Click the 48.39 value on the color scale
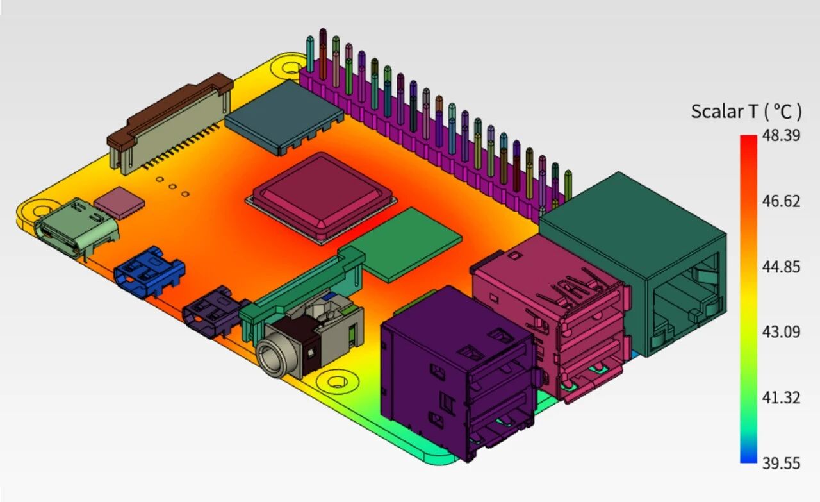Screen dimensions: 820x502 point(781,136)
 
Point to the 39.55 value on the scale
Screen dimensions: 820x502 point(781,464)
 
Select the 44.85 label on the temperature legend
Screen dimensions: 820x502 point(781,267)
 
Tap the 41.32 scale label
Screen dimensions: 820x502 point(781,398)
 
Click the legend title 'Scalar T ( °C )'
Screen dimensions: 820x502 point(746,112)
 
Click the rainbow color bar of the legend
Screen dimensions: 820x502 point(749,299)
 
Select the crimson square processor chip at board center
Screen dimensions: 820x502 point(322,197)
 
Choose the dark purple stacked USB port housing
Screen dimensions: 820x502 point(457,372)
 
